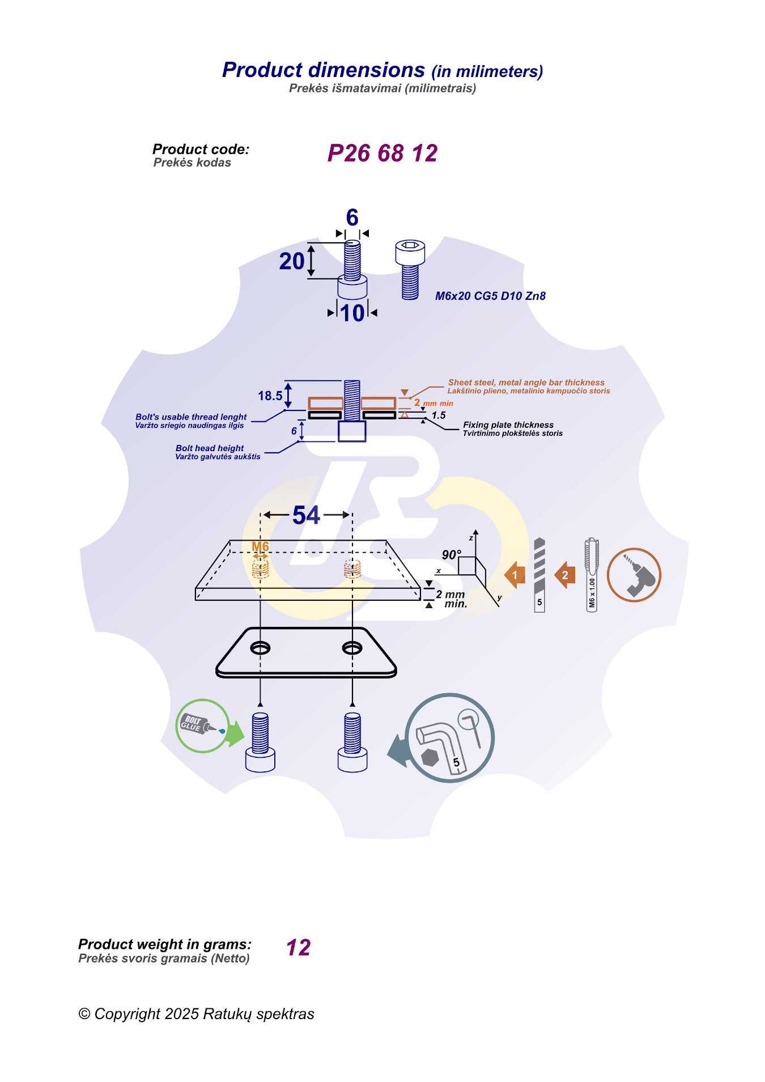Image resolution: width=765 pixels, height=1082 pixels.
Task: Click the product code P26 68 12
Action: (382, 154)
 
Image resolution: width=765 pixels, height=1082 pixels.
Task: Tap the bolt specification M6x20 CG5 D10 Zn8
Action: (490, 296)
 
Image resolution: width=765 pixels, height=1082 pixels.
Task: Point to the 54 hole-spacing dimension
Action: (306, 515)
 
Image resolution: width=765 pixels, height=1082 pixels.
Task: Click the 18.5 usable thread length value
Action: (270, 396)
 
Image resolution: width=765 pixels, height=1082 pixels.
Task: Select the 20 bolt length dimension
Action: (292, 261)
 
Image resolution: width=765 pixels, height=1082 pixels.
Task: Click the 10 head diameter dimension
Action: (352, 313)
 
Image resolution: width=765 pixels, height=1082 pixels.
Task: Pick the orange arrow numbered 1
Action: (515, 575)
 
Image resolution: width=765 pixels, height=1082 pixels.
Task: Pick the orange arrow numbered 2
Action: (564, 575)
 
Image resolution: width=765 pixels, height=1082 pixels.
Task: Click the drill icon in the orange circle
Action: (634, 575)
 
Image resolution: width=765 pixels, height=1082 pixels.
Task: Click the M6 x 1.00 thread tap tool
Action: (592, 574)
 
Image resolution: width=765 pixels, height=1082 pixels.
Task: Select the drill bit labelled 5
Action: (539, 574)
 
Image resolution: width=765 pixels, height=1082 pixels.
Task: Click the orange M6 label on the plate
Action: (260, 546)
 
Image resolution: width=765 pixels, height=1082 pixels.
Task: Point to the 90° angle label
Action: (451, 555)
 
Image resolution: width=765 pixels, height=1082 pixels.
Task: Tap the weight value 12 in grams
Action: (298, 948)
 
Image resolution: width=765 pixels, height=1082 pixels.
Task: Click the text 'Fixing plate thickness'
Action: (508, 425)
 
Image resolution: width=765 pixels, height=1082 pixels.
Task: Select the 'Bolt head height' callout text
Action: (210, 448)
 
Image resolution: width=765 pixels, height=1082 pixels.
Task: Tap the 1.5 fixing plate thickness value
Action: (439, 415)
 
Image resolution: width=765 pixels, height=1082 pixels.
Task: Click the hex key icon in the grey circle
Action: (449, 737)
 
